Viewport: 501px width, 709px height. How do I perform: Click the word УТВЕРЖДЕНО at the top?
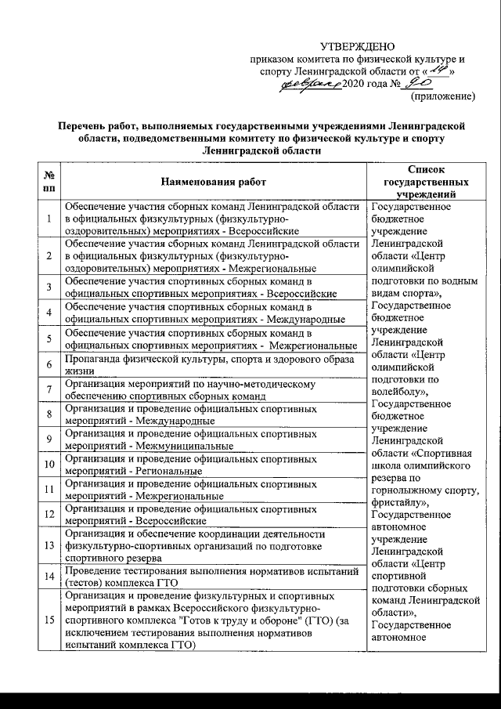(x=358, y=48)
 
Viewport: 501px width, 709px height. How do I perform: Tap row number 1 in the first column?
(x=49, y=219)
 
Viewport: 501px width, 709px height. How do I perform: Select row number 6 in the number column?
(x=49, y=365)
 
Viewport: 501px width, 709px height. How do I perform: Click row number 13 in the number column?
(x=49, y=545)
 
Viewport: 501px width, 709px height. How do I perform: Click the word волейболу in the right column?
(x=399, y=391)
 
